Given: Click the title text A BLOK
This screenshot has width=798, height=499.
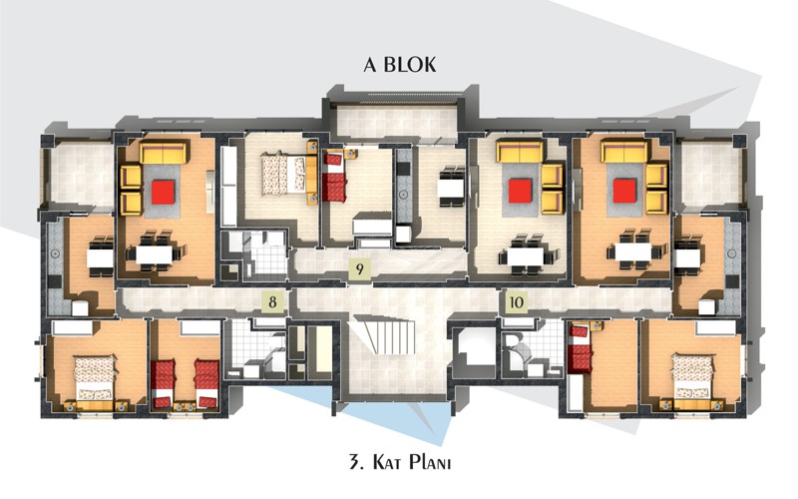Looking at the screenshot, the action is click(x=400, y=65).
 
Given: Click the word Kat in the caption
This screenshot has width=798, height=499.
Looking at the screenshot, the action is click(x=388, y=463).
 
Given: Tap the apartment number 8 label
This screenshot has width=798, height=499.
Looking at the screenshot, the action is click(x=272, y=302).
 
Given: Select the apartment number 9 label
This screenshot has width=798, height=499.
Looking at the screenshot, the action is click(x=360, y=268).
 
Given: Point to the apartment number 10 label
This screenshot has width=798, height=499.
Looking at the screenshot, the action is click(x=516, y=302).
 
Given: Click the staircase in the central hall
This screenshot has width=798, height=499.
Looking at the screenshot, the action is click(x=385, y=334).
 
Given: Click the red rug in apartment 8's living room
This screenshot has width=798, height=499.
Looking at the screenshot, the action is click(x=164, y=192).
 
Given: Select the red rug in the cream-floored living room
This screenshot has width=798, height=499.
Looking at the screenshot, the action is click(x=520, y=191).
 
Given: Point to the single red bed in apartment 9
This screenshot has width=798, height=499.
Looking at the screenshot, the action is click(x=336, y=177).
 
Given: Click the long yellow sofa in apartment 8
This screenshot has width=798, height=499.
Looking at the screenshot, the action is click(x=163, y=153).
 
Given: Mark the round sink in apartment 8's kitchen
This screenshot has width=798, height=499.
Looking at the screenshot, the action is click(x=54, y=253).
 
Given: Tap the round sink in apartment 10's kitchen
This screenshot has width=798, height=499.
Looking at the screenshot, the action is click(x=732, y=253).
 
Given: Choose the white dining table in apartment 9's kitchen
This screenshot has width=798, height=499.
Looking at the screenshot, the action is click(x=451, y=187).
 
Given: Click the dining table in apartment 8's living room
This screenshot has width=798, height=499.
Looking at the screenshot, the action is click(x=155, y=253).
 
